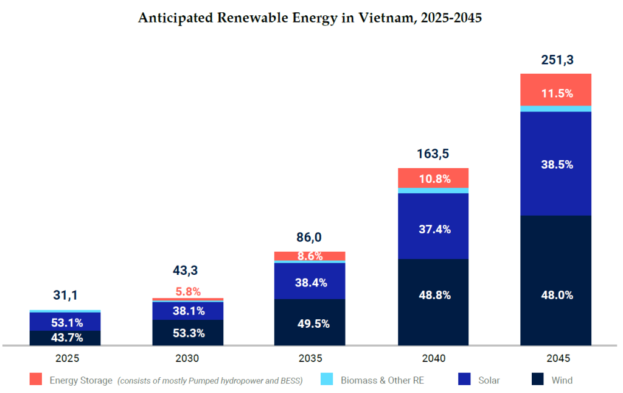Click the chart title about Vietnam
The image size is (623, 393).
[x=310, y=18]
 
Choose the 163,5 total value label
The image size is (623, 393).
[x=433, y=154]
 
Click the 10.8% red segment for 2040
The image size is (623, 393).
[x=433, y=179]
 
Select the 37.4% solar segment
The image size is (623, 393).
[x=433, y=229]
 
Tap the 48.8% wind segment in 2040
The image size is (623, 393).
[x=433, y=295]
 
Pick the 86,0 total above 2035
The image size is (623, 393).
[x=309, y=237]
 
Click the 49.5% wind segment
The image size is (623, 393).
[x=309, y=324]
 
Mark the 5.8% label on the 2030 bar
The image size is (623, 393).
[x=188, y=291]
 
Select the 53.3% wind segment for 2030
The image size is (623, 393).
[x=188, y=333]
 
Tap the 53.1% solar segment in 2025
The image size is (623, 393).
[x=66, y=322]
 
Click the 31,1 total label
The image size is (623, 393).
[x=66, y=295]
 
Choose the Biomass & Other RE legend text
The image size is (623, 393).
[x=381, y=380]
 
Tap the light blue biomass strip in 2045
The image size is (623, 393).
[x=556, y=108]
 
